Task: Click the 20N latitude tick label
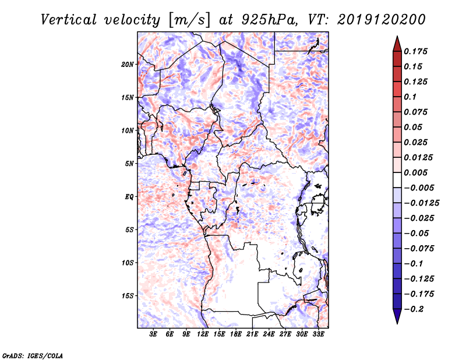pos(128,64)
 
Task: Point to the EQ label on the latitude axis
pos(129,196)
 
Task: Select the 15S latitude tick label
pos(128,296)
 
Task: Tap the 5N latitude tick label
pos(130,164)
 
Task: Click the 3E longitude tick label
pos(154,334)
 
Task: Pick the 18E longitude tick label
pos(236,334)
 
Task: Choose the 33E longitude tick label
pos(318,334)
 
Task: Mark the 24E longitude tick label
pos(269,334)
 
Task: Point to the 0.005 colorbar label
pos(418,172)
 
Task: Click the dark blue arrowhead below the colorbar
pos(397,317)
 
